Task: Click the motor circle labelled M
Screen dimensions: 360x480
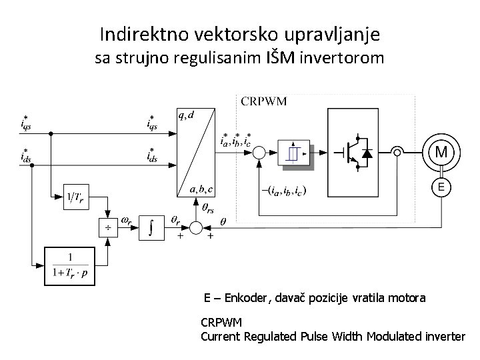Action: point(441,153)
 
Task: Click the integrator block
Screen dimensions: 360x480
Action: point(153,228)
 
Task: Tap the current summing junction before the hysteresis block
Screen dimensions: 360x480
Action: point(259,153)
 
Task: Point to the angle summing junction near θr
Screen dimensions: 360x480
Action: point(196,228)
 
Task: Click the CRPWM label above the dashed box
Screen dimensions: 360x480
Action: point(263,101)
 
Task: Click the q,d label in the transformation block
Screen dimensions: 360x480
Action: point(186,115)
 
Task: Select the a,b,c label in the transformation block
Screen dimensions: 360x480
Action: point(201,189)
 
